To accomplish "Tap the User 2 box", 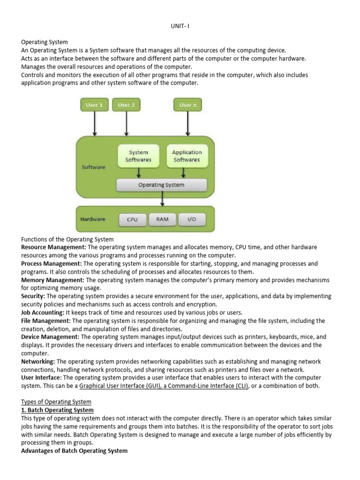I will click(x=126, y=105).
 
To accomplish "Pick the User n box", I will click(x=188, y=105).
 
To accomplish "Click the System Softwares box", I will click(x=138, y=156).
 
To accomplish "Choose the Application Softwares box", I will click(x=187, y=156).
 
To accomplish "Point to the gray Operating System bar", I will click(x=161, y=185).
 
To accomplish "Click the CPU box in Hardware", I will click(x=132, y=219).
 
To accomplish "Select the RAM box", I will click(x=162, y=219).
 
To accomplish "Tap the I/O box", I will click(x=192, y=219).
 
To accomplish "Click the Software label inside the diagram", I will click(x=94, y=167).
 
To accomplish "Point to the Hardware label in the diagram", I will click(x=93, y=219).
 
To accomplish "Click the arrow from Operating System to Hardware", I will click(x=162, y=199).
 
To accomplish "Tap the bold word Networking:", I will click(x=38, y=361).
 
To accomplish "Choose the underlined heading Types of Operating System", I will click(x=56, y=402).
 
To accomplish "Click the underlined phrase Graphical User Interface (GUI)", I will click(x=119, y=386).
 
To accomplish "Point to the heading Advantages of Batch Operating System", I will click(x=74, y=451).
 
